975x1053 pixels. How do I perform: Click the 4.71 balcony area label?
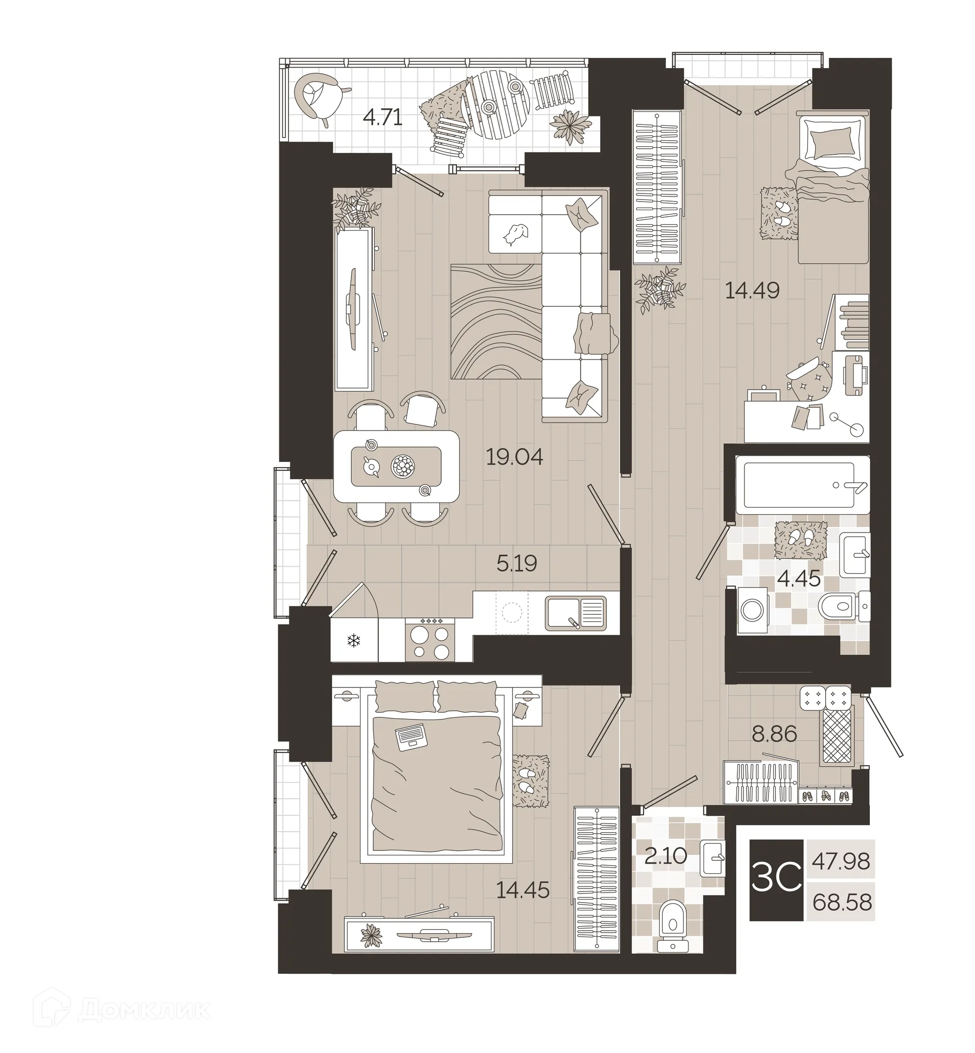pos(382,117)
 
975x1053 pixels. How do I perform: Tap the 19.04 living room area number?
pos(514,457)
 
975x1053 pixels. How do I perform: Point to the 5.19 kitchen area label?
pos(516,564)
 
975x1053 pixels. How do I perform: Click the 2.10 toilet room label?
pos(666,855)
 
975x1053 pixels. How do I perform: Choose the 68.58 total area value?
pos(841,903)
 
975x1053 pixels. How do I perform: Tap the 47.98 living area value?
pos(840,862)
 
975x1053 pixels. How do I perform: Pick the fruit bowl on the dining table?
pos(403,467)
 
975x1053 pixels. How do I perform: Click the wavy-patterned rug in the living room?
pos(496,321)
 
